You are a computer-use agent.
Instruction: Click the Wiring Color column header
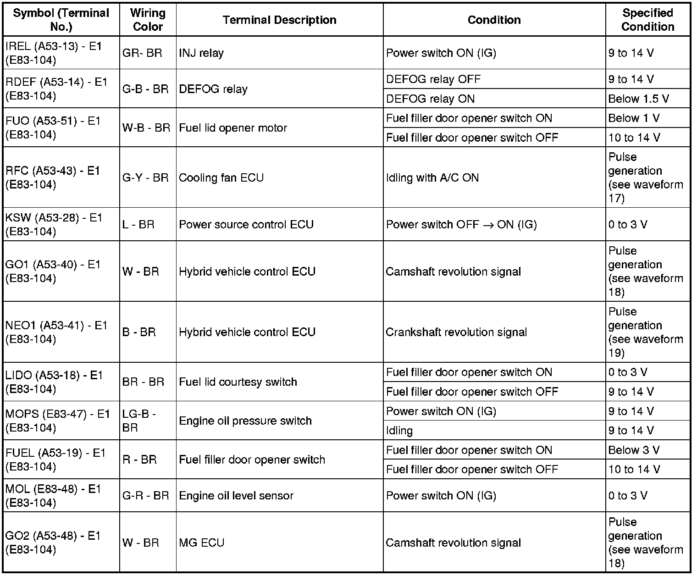point(148,20)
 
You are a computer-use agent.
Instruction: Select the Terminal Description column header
point(279,20)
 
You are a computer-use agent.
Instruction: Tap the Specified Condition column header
point(647,20)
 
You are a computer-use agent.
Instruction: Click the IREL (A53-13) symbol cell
point(54,53)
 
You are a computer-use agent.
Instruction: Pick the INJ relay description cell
point(201,53)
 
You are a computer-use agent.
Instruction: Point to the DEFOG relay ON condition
point(430,99)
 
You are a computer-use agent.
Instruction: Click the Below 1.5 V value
point(638,99)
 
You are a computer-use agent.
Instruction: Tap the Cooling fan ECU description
point(221,177)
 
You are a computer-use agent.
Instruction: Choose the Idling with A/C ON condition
point(432,177)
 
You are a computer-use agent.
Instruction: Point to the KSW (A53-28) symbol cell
point(54,224)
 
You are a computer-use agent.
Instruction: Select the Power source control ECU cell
point(246,224)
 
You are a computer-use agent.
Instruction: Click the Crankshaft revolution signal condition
point(456,332)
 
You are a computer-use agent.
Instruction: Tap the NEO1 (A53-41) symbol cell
point(56,332)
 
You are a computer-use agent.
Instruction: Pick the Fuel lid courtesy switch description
point(238,382)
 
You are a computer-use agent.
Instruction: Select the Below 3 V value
point(634,450)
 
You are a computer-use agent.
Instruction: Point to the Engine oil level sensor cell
point(236,495)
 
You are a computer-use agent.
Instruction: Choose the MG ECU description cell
point(201,543)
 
